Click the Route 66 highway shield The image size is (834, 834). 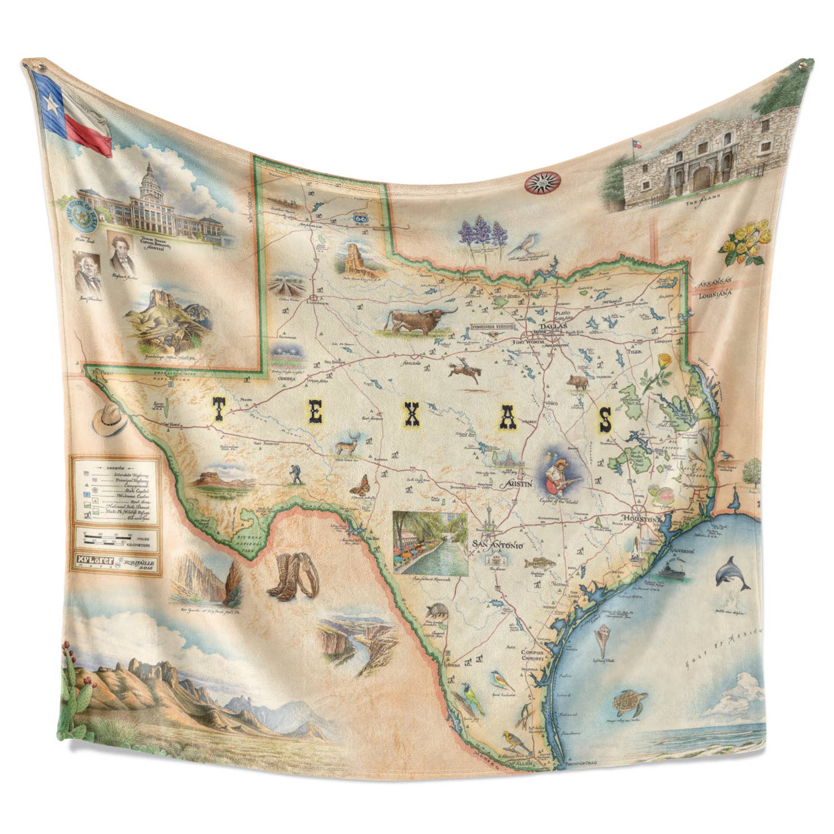[x=358, y=220]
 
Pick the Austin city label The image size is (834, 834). [x=517, y=484]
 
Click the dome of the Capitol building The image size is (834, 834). [x=149, y=177]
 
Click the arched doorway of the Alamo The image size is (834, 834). [x=701, y=178]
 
